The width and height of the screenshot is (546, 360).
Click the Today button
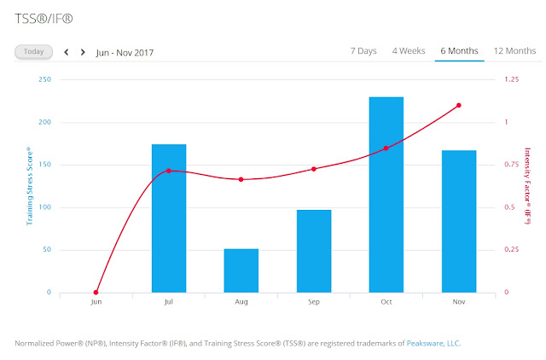tap(34, 52)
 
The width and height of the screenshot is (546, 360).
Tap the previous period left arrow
tap(67, 52)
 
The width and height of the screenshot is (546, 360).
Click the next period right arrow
tap(83, 52)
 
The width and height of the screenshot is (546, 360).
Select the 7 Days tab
tap(363, 51)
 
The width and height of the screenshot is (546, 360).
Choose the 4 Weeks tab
tap(409, 51)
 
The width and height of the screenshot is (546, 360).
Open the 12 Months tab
tap(514, 51)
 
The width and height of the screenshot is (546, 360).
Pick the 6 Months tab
tap(459, 51)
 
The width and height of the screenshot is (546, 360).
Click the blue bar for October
tap(386, 195)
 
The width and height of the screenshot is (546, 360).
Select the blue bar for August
tap(241, 270)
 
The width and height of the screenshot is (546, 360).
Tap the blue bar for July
tap(169, 218)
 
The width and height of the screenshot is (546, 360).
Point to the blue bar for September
tap(314, 251)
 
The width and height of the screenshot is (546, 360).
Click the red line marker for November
tap(459, 105)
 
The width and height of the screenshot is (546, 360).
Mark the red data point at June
tap(96, 293)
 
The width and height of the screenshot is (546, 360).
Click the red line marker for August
tap(241, 180)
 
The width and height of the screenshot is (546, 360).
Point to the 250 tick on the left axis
tap(44, 79)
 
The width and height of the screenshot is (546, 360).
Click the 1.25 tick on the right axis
tap(512, 79)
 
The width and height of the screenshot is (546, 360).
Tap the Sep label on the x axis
tap(314, 302)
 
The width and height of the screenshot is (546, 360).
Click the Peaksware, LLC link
tap(433, 343)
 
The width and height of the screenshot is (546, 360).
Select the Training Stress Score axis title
tap(30, 186)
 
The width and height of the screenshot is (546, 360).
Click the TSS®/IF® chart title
tap(44, 19)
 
